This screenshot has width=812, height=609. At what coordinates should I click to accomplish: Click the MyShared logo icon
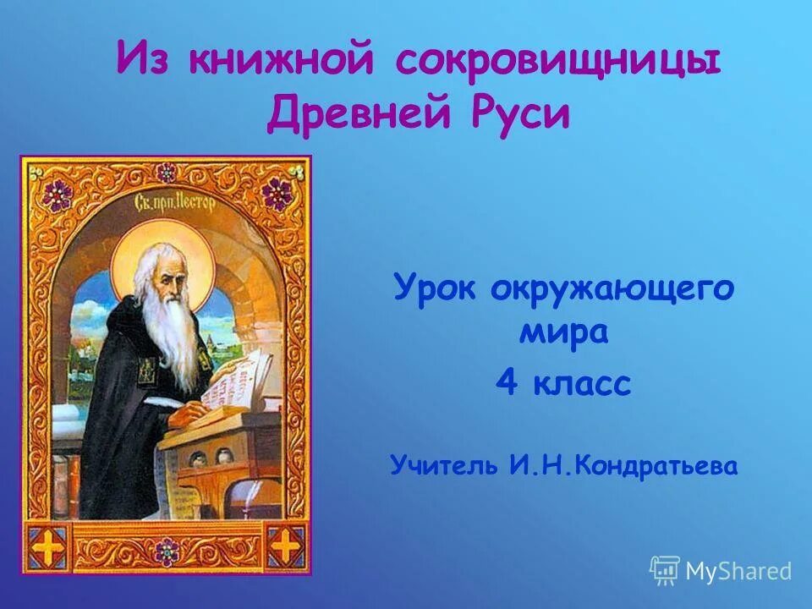(x=665, y=570)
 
